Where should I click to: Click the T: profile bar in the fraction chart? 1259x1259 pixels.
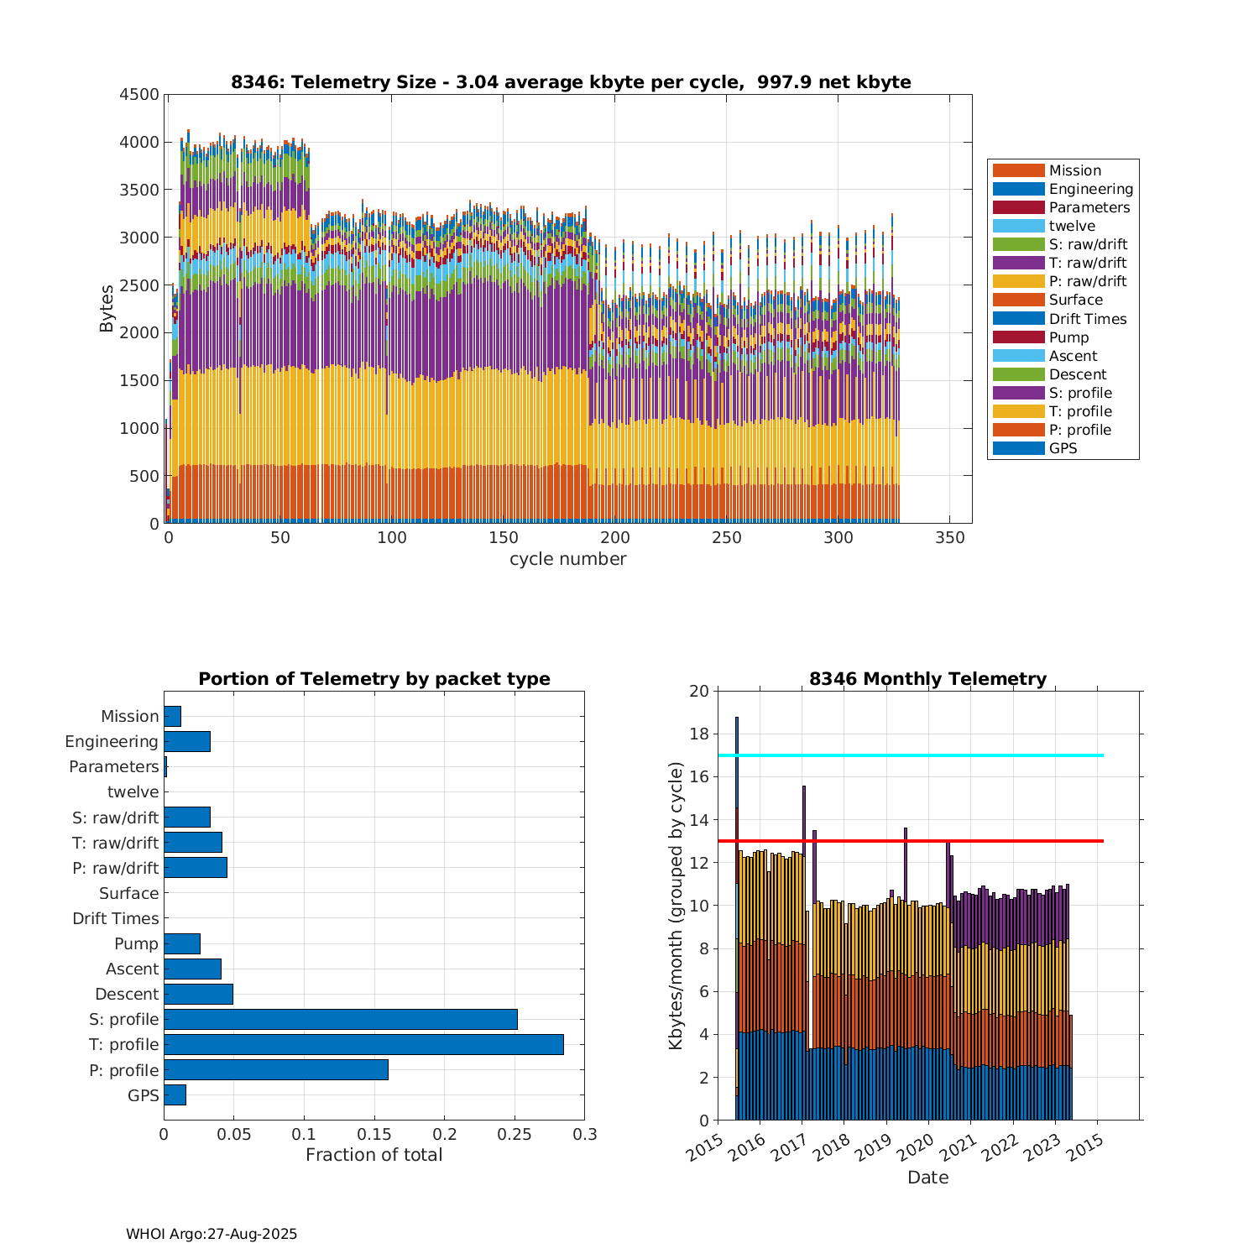(x=363, y=1044)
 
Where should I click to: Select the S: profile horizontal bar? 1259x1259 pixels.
(x=340, y=1019)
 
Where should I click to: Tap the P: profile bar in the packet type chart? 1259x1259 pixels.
(x=275, y=1069)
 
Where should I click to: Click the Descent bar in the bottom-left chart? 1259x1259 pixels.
(x=198, y=994)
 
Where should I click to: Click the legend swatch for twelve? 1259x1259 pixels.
(x=1018, y=226)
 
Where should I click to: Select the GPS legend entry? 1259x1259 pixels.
(x=1063, y=448)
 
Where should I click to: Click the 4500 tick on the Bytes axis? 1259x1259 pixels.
(x=139, y=94)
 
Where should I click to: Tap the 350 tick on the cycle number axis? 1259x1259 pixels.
(x=949, y=538)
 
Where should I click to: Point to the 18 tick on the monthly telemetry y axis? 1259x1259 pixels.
(x=699, y=734)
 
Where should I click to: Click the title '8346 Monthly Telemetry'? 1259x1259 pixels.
(x=927, y=679)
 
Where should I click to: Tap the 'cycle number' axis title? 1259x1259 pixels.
(x=567, y=559)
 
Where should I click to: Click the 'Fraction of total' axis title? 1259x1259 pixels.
(x=374, y=1155)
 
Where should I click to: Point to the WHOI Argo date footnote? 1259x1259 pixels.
(x=212, y=1234)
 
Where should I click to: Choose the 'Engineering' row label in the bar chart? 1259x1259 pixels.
(x=112, y=741)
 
